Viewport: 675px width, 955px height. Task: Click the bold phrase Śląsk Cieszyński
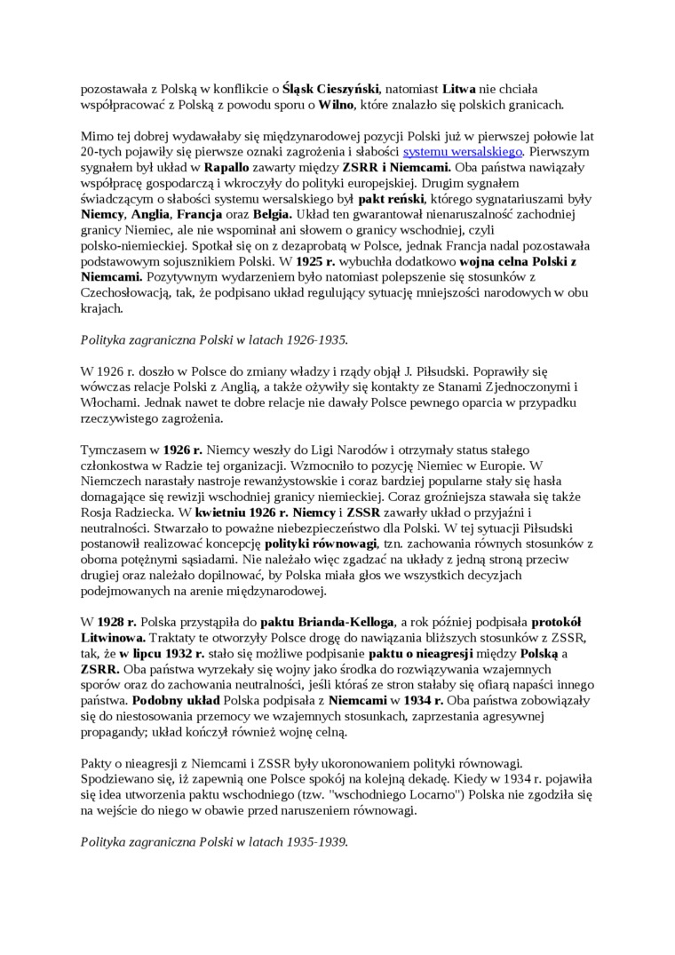tap(330, 89)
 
